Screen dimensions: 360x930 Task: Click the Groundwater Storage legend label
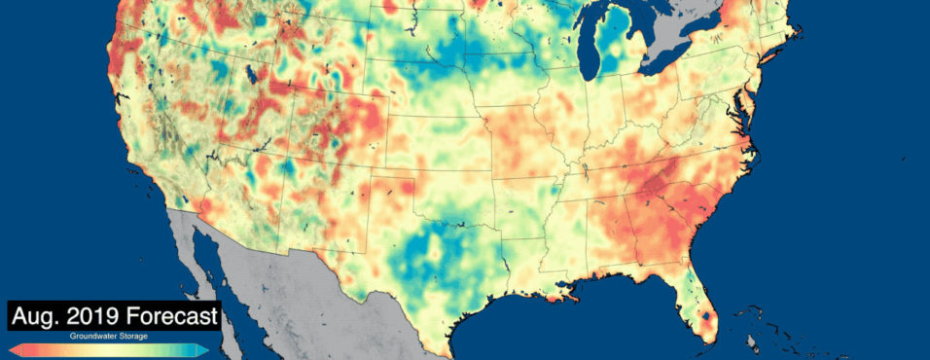(x=108, y=336)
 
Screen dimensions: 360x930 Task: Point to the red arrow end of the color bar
(x=15, y=348)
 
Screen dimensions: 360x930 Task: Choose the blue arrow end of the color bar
(x=202, y=348)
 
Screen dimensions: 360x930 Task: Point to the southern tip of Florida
(x=707, y=342)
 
